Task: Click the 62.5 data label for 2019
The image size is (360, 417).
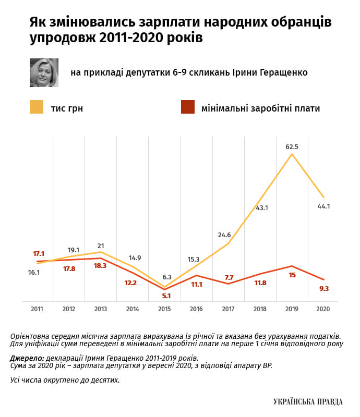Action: click(292, 146)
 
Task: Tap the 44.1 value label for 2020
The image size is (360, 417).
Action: click(323, 206)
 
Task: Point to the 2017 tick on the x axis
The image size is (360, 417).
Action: click(228, 309)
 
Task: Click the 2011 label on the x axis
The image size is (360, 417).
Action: click(37, 309)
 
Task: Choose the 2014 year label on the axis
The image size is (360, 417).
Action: click(133, 309)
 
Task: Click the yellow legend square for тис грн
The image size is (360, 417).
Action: click(37, 107)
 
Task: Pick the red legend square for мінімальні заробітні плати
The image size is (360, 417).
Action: click(187, 107)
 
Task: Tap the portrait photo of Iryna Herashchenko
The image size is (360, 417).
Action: click(43, 72)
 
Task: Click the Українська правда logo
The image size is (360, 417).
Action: click(308, 401)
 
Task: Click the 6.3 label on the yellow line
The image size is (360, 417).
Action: click(167, 277)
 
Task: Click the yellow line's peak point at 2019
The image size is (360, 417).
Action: click(292, 154)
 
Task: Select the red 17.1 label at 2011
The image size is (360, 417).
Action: click(39, 253)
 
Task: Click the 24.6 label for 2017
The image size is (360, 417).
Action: click(224, 235)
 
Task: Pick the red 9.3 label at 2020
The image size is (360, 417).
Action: click(323, 288)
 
